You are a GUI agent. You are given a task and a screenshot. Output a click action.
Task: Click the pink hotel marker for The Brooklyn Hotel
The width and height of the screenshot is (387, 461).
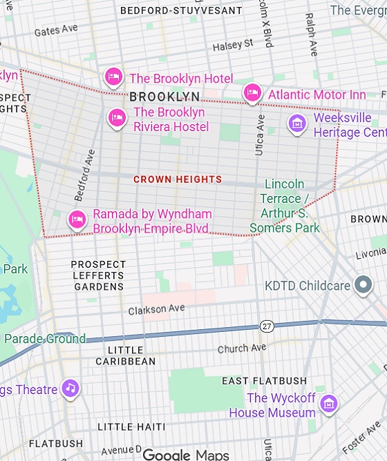click(113, 76)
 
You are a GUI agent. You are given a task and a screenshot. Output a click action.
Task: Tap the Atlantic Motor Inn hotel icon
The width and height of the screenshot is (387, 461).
click(252, 92)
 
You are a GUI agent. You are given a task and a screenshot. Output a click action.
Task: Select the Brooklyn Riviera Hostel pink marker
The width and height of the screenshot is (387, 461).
click(117, 118)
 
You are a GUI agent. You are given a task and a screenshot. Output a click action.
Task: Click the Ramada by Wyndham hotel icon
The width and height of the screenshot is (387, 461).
click(77, 219)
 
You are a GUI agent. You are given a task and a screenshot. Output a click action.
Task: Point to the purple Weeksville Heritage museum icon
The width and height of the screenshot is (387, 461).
click(297, 124)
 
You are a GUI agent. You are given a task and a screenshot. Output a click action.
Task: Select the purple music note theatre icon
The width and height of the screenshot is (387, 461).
click(70, 388)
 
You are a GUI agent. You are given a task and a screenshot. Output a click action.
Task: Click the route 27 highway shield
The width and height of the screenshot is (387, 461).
click(267, 325)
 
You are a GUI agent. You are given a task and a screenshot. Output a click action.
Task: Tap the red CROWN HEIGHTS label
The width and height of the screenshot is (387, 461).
click(177, 179)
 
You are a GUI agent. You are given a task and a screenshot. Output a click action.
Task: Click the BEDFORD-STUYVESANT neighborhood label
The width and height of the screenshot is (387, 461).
click(181, 11)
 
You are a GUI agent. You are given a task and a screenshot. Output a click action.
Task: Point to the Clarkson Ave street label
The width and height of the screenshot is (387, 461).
click(157, 310)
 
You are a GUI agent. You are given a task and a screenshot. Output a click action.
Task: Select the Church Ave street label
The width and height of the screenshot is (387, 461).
click(242, 349)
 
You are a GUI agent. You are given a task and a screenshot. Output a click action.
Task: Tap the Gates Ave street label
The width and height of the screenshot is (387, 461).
click(56, 30)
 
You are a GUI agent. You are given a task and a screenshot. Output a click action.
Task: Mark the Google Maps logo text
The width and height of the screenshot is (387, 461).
click(185, 454)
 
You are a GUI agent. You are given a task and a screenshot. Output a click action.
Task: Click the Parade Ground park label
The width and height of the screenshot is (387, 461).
click(44, 339)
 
